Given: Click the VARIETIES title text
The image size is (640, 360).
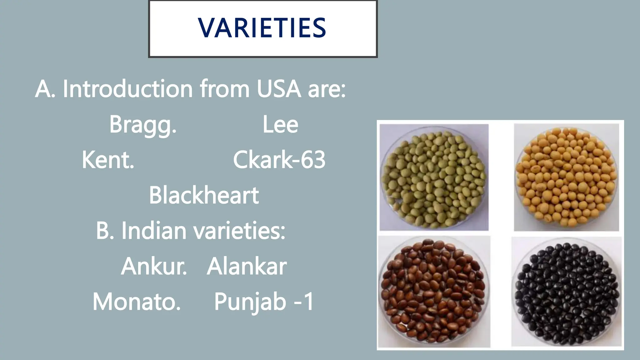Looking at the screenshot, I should click(x=262, y=28).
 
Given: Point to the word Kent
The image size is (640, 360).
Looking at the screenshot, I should click(x=108, y=160).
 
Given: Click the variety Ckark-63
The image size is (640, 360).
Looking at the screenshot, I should click(x=279, y=160).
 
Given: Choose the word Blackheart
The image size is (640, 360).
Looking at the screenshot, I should click(x=204, y=195).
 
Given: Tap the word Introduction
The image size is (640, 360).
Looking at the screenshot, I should click(x=127, y=89).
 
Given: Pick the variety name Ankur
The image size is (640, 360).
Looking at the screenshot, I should click(x=154, y=267).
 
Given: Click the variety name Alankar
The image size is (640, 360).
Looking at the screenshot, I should click(x=247, y=267).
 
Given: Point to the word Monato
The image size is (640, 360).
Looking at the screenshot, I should click(x=137, y=302).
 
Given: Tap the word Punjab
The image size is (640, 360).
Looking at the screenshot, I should click(x=250, y=302).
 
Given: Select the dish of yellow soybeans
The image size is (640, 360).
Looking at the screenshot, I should click(x=566, y=177).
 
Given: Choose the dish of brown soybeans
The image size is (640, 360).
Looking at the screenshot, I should click(x=434, y=291).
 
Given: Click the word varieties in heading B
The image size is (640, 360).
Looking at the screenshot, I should click(x=239, y=231).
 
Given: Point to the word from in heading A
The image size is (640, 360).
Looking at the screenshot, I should click(x=224, y=89).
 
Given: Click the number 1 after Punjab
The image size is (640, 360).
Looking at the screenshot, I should click(x=309, y=302).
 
